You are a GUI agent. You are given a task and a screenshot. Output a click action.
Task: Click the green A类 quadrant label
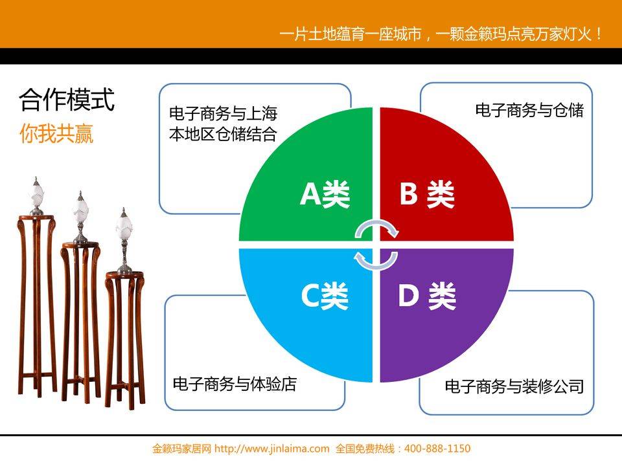pyautogui.click(x=325, y=194)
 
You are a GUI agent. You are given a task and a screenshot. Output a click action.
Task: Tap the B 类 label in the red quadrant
pyautogui.click(x=427, y=194)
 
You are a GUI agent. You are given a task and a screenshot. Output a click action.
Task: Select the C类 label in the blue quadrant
pyautogui.click(x=325, y=296)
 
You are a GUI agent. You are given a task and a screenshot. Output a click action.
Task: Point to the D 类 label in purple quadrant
pyautogui.click(x=427, y=296)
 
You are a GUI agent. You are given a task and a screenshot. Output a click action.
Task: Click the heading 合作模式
pyautogui.click(x=67, y=100)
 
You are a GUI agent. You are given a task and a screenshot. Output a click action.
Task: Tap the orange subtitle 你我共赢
pyautogui.click(x=56, y=133)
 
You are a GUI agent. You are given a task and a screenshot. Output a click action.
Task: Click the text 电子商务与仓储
pyautogui.click(x=529, y=110)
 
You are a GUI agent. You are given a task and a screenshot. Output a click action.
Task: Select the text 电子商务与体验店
pyautogui.click(x=235, y=384)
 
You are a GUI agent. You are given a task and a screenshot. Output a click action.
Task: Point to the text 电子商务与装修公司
pyautogui.click(x=514, y=386)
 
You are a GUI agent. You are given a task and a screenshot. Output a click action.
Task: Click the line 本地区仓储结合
pyautogui.click(x=222, y=134)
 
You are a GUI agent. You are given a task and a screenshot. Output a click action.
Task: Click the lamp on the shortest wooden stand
pyautogui.click(x=124, y=241)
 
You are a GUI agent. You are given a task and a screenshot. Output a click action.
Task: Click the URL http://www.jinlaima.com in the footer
pyautogui.click(x=271, y=449)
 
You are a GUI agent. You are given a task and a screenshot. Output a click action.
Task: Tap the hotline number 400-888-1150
pyautogui.click(x=437, y=449)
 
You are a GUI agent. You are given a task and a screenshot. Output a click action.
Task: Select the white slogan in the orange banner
pyautogui.click(x=441, y=34)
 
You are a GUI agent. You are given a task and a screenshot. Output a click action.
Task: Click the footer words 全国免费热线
pyautogui.click(x=365, y=449)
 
